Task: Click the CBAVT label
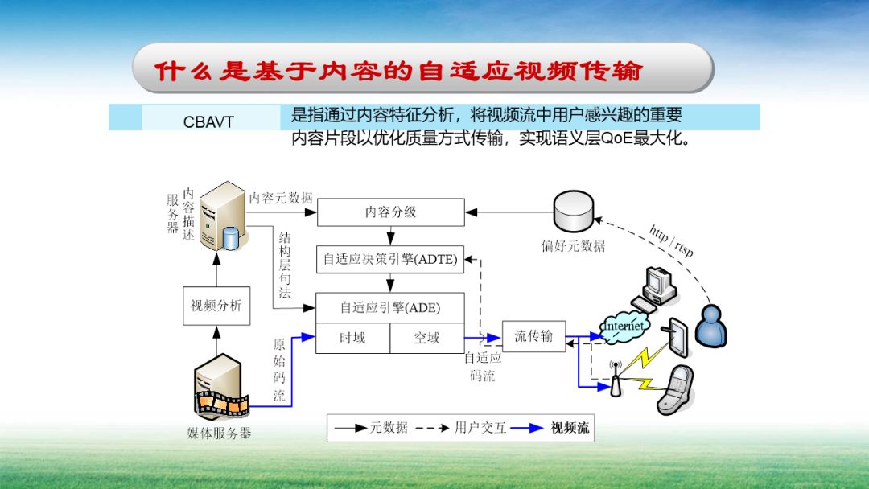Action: [208, 122]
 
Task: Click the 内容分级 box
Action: [391, 212]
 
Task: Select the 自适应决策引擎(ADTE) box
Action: [390, 259]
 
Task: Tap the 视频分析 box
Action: [216, 306]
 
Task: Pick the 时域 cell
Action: [352, 338]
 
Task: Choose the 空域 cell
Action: [426, 338]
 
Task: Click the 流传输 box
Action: [533, 336]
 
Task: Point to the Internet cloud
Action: [624, 326]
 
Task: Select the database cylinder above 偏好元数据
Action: [573, 211]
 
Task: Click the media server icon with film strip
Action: [217, 389]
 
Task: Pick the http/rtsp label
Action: [671, 240]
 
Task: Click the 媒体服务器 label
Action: [219, 434]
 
